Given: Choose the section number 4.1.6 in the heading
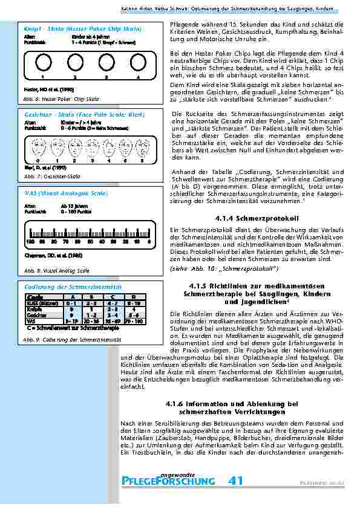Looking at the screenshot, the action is click(177, 403).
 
